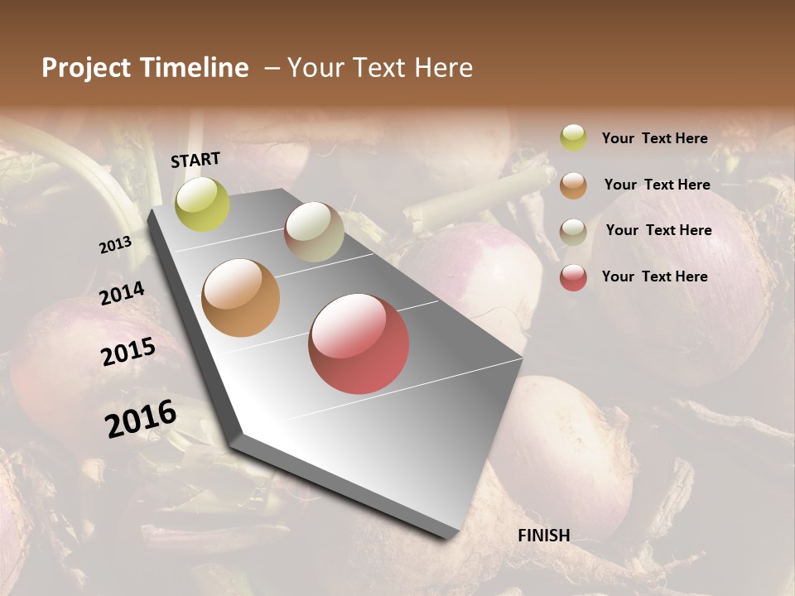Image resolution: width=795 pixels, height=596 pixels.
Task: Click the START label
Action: point(195,160)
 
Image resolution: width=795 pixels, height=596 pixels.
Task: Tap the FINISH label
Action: point(544,536)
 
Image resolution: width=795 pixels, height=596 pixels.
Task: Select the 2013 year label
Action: point(115,245)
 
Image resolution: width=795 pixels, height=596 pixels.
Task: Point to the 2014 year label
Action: point(122,294)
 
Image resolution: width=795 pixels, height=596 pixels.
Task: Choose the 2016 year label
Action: point(141,419)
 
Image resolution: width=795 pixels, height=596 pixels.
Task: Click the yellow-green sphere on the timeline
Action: point(202,204)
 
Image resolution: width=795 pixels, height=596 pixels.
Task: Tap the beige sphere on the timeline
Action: point(314,232)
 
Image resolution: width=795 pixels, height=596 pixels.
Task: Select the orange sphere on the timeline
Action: point(241,298)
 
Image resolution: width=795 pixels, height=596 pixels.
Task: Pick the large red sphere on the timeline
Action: point(359,344)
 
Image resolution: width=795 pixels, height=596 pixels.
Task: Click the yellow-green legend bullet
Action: point(573,137)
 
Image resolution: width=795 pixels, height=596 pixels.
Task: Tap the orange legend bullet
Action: point(573,185)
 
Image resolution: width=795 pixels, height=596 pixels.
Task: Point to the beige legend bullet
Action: point(573,231)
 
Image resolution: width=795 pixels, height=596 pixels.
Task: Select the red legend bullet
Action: point(573,277)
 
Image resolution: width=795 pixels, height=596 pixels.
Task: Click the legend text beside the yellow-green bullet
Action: point(654,138)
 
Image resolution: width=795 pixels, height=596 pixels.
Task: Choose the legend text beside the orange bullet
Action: point(657,185)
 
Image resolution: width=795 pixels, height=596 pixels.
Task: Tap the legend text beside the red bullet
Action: point(654,276)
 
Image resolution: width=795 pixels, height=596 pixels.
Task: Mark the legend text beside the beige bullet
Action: point(658,230)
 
